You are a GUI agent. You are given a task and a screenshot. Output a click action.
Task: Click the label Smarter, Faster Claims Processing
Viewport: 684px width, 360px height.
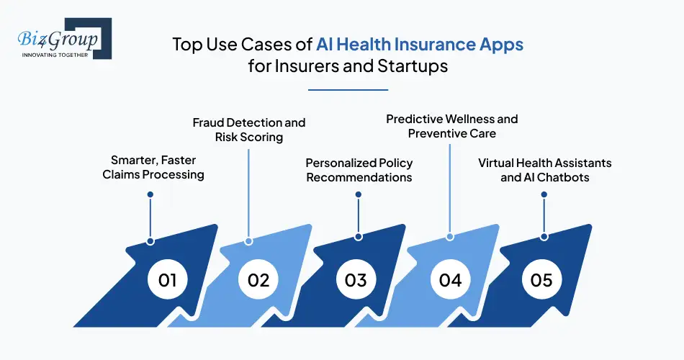(157, 168)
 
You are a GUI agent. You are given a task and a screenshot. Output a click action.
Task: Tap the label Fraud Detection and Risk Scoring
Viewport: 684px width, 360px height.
(249, 130)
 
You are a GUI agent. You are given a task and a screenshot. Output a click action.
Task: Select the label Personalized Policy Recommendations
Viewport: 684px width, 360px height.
(359, 170)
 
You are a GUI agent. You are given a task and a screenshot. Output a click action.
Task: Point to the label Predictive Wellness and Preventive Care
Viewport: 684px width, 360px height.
(452, 125)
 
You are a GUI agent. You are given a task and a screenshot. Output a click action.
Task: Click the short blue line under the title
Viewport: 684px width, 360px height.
(348, 90)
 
